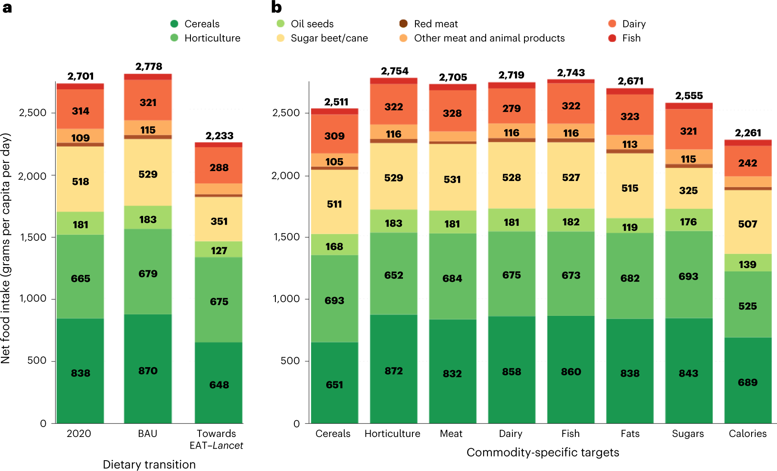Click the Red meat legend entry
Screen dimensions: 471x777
(x=435, y=24)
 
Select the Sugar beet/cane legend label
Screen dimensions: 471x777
(x=329, y=38)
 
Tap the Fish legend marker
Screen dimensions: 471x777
(x=612, y=38)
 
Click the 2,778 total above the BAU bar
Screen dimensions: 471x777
(x=149, y=66)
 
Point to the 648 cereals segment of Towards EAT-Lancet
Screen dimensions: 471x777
(x=219, y=384)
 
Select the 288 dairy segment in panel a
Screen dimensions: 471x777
(x=219, y=167)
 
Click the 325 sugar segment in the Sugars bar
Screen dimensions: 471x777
(x=688, y=190)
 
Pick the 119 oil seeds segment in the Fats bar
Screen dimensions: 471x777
(x=630, y=227)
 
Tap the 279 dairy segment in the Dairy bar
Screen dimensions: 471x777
(x=512, y=108)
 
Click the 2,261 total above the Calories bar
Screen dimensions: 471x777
(x=748, y=133)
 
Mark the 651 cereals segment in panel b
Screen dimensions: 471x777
(x=334, y=384)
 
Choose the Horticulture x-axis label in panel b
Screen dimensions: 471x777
(x=392, y=434)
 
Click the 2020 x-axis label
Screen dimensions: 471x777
(x=79, y=434)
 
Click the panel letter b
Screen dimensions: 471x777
(x=276, y=7)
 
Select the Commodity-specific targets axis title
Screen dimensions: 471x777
(x=543, y=452)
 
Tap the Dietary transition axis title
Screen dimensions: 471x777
(x=149, y=465)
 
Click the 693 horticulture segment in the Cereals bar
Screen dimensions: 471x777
(x=334, y=300)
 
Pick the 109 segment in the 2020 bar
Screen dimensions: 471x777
(x=81, y=138)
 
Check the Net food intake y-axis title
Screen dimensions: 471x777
(x=6, y=248)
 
